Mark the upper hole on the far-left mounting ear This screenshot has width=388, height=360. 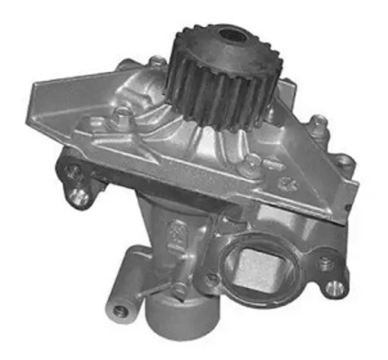click(x=72, y=171)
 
